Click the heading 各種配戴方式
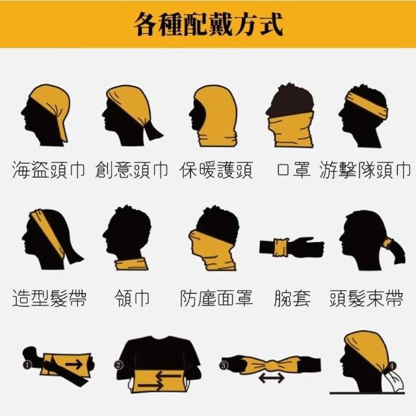209,25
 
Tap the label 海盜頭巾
49,170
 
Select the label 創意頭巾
131,170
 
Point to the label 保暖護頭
216,170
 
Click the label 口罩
293,170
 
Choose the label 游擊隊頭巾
365,170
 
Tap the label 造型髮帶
49,298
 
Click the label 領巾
132,298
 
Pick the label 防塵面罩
216,298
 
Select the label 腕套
292,298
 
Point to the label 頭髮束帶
367,298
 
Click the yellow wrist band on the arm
280,248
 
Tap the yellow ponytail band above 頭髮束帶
387,243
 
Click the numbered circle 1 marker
27,365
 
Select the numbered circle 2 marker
118,365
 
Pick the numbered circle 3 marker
224,365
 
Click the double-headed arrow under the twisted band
272,378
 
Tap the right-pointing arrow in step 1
73,364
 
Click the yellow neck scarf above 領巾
131,264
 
